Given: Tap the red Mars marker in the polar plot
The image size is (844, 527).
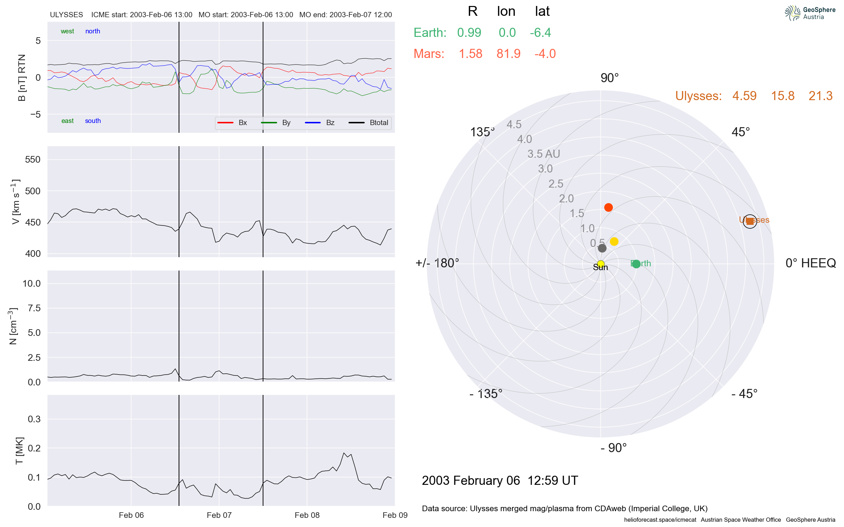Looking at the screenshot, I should [x=608, y=207].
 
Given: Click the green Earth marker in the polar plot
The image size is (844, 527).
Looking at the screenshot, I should [x=636, y=264].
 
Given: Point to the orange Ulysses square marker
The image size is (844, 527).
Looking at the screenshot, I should [x=750, y=221].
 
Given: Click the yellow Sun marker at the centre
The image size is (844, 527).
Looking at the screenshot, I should [x=601, y=263].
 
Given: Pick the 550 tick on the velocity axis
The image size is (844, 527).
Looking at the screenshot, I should [x=33, y=160].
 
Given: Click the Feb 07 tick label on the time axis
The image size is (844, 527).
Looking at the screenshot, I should [x=219, y=515].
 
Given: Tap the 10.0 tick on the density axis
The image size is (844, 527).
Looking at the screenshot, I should [x=32, y=284].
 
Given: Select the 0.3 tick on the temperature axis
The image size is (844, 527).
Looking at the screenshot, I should [x=34, y=419].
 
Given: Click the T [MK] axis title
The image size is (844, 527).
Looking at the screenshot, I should [x=19, y=451].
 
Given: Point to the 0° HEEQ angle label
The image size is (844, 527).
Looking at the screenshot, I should [x=810, y=263].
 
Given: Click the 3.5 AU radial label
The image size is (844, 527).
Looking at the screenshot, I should [x=543, y=154].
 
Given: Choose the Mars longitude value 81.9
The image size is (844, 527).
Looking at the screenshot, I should [x=508, y=54].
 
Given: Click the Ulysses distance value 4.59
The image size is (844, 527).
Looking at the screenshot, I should [x=744, y=96].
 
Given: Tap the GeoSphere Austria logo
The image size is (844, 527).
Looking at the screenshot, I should [x=810, y=13].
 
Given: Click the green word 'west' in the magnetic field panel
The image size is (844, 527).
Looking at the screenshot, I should [x=67, y=31].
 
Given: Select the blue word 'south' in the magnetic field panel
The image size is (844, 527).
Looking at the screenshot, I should [x=93, y=121].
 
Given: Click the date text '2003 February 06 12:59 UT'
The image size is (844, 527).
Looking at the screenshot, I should [x=500, y=480].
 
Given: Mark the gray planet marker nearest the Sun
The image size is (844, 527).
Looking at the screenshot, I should [x=602, y=248].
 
